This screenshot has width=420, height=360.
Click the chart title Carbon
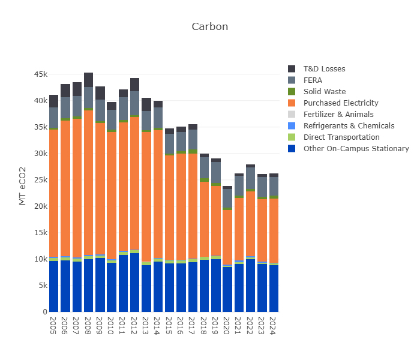[x=209, y=27]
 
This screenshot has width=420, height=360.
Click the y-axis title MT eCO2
[x=23, y=186]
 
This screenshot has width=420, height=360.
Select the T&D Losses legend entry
[x=324, y=69]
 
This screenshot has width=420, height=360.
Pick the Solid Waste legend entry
[x=324, y=92]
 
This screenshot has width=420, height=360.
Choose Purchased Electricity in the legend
[x=340, y=103]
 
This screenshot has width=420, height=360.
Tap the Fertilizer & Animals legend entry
[x=338, y=115]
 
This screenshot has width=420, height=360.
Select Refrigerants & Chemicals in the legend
[x=349, y=126]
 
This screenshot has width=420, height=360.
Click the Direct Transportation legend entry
[x=341, y=137]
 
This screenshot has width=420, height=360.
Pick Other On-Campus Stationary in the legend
[x=356, y=149]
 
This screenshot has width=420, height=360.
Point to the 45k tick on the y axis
[x=40, y=74]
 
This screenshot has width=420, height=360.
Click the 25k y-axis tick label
[x=40, y=180]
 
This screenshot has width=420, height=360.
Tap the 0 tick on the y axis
[x=44, y=312]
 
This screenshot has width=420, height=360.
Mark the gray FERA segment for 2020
[x=227, y=199]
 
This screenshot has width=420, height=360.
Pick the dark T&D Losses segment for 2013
[x=146, y=104]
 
